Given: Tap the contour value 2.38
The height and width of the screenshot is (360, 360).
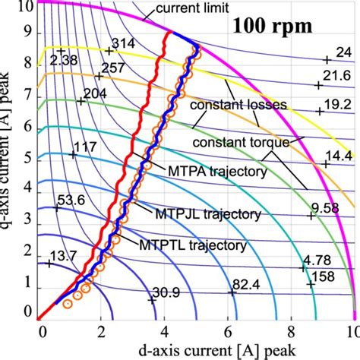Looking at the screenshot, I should (x=66, y=58).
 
